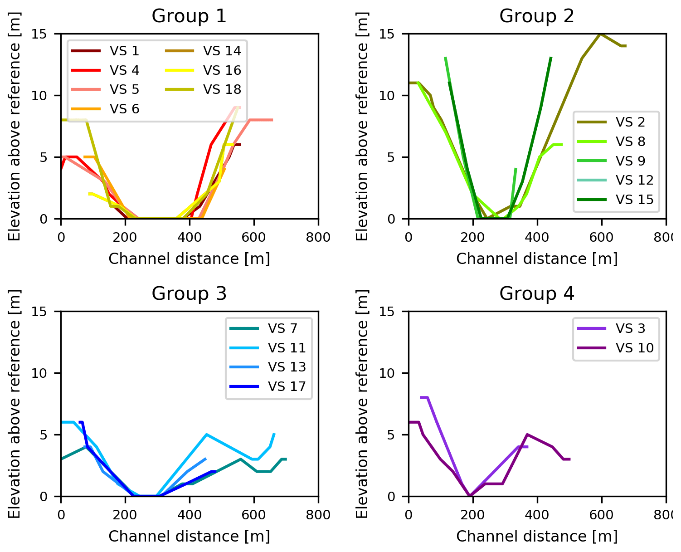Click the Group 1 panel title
click(189, 16)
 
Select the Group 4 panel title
click(537, 294)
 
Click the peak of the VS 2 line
click(601, 34)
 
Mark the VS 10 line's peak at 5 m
click(527, 435)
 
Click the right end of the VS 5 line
click(272, 120)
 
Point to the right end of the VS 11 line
click(274, 434)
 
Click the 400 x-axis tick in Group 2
click(537, 237)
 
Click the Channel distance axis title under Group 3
click(189, 536)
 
